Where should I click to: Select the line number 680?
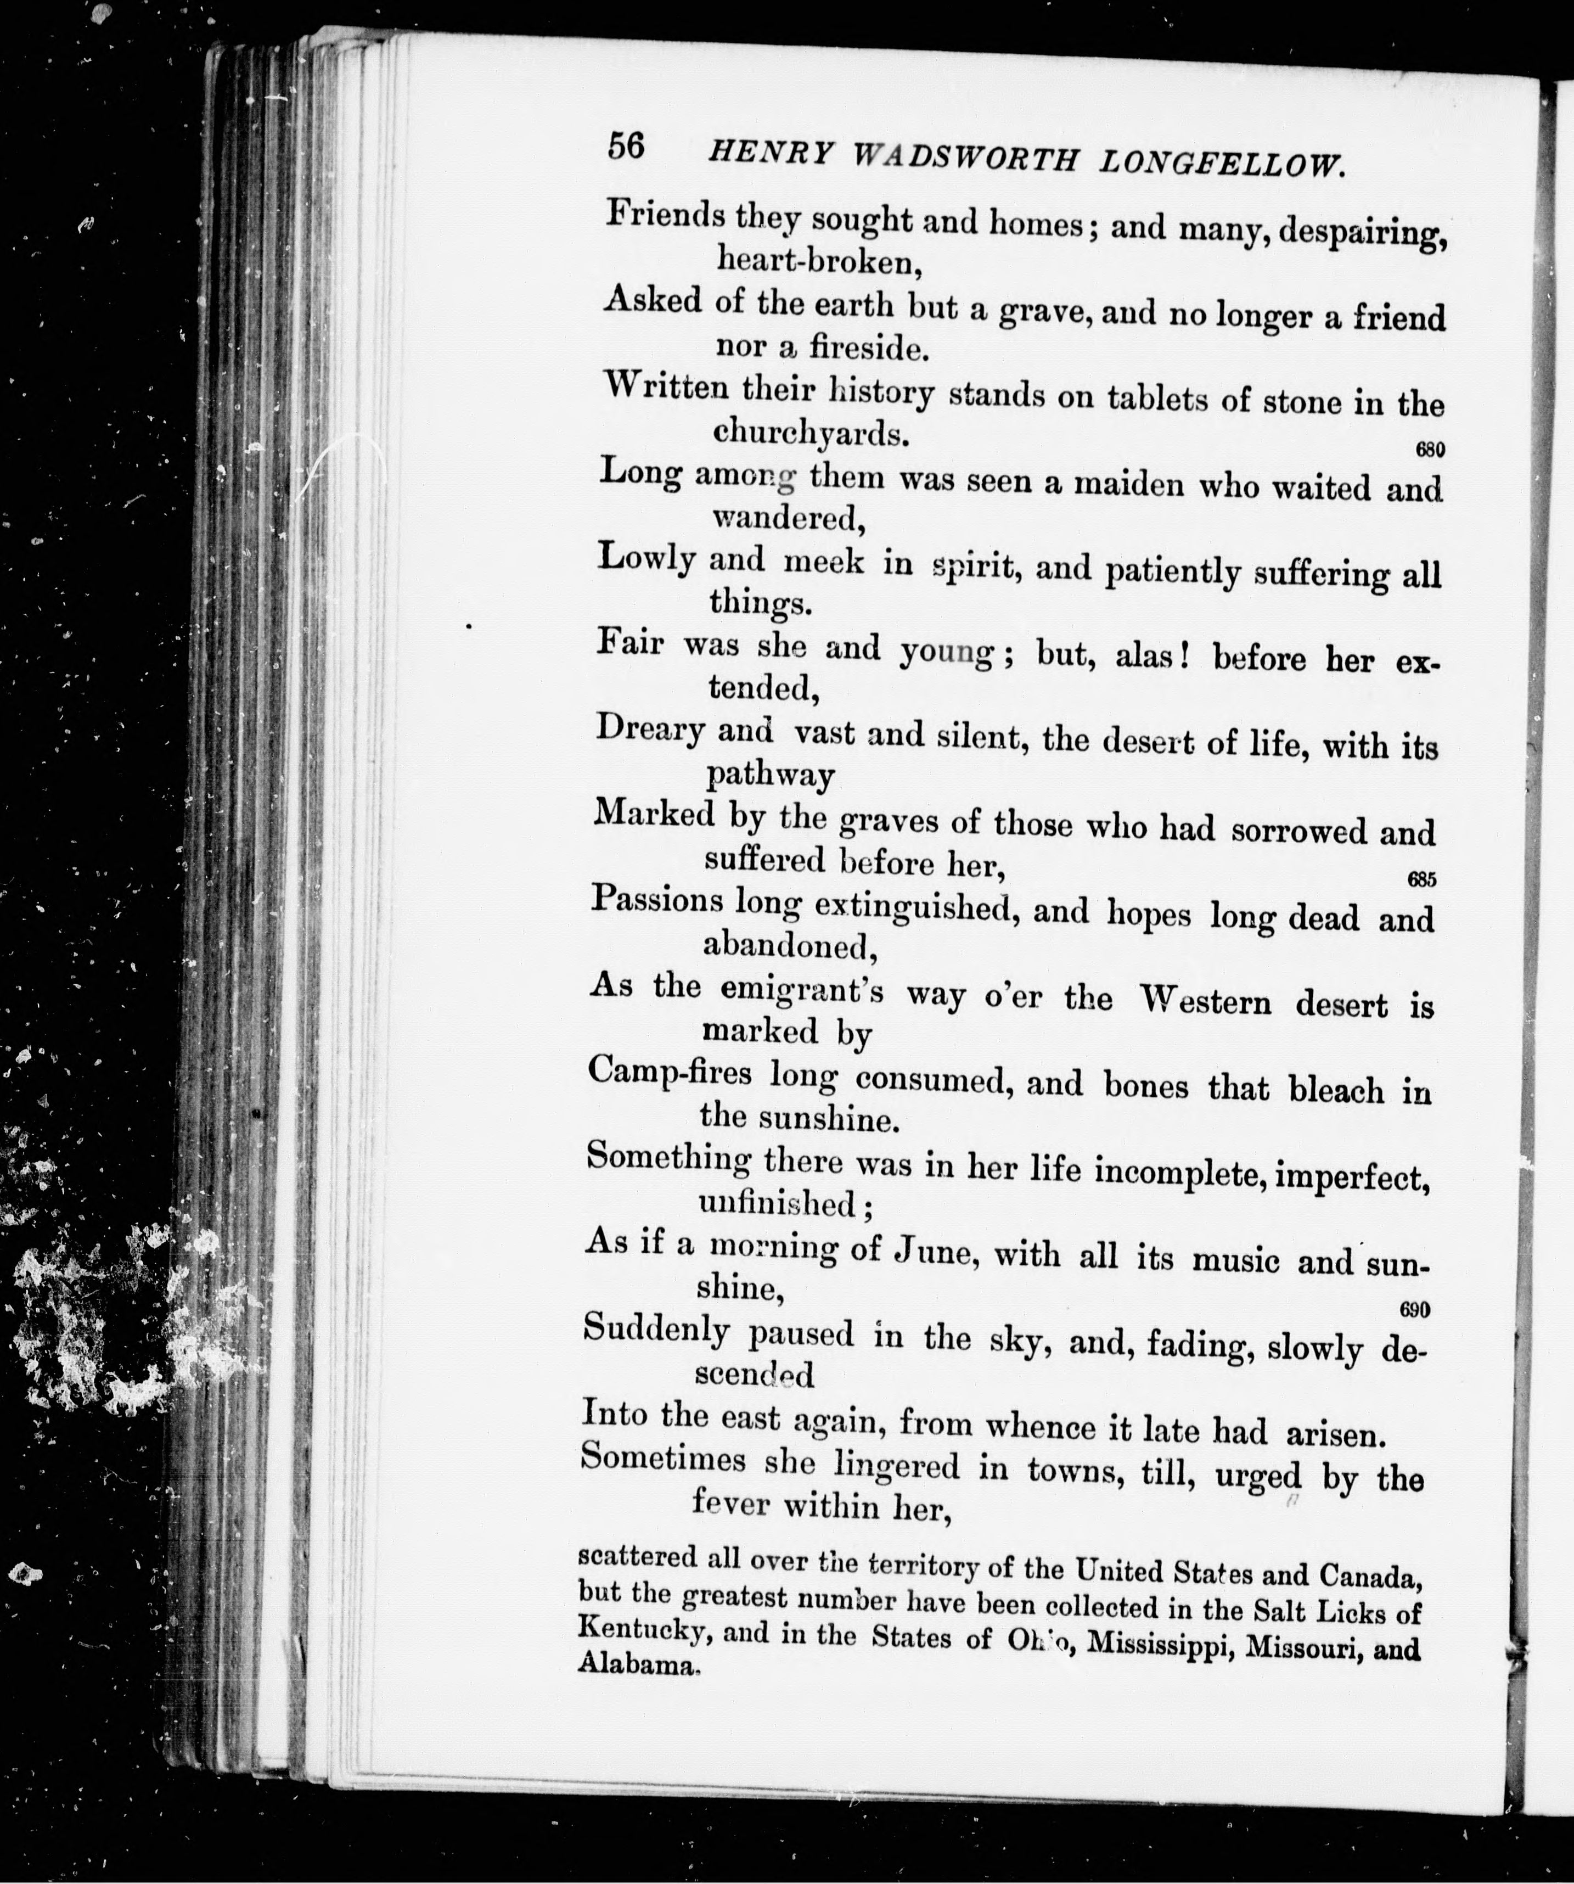coord(1430,450)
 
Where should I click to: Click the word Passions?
coord(656,901)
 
